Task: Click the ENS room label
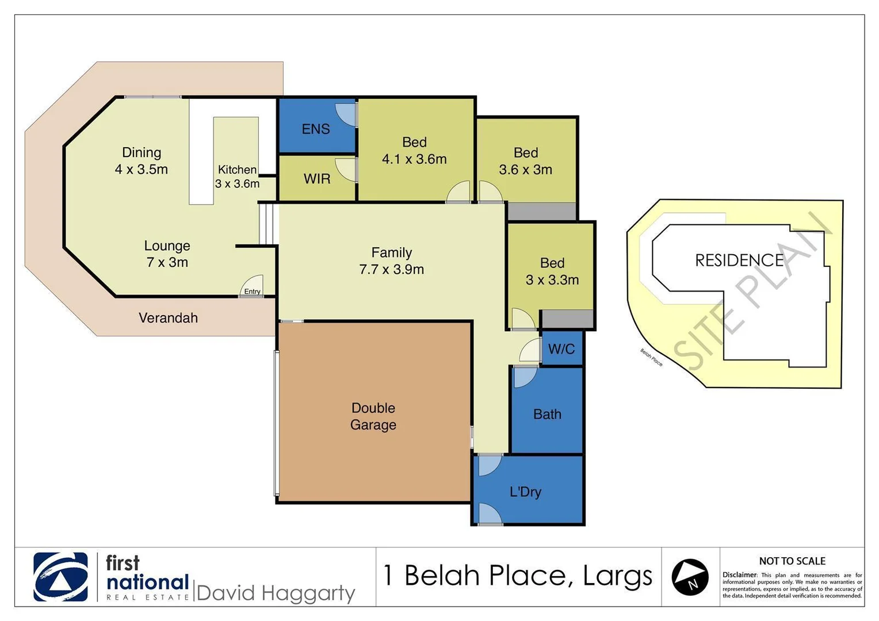316,129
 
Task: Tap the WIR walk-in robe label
317,179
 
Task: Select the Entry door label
252,292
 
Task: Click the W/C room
561,349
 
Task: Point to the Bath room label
547,414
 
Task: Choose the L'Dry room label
525,492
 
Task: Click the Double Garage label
373,416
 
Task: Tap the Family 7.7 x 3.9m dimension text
392,269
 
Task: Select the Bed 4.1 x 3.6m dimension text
414,159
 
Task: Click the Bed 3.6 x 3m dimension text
525,170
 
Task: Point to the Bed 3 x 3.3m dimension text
552,280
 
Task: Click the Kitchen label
237,170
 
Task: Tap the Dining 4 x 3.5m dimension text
142,169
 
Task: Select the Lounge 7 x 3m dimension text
167,262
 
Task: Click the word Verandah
168,318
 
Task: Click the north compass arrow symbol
690,577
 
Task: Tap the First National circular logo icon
60,577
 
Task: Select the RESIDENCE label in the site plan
739,260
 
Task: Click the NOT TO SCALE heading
792,561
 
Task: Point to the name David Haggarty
276,593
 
